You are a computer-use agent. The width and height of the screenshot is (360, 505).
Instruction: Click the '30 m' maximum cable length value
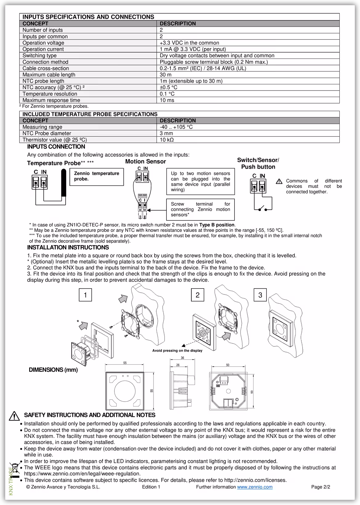pyautogui.click(x=166, y=75)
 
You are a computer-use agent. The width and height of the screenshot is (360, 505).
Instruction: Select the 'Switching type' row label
pyautogui.click(x=39, y=55)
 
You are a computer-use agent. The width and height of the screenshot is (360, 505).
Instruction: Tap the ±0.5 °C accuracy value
pyautogui.click(x=168, y=87)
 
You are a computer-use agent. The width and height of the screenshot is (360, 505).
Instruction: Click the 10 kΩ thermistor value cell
pyautogui.click(x=167, y=140)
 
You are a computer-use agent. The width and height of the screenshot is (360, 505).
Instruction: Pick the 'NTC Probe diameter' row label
pyautogui.click(x=46, y=133)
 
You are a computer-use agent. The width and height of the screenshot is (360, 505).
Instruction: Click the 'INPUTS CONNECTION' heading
pyautogui.click(x=56, y=147)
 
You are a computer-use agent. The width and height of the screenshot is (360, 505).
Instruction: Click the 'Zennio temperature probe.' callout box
pyautogui.click(x=97, y=176)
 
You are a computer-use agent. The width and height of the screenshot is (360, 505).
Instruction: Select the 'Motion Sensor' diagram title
pyautogui.click(x=145, y=162)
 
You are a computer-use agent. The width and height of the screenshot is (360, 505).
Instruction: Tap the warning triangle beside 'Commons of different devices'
pyautogui.click(x=279, y=181)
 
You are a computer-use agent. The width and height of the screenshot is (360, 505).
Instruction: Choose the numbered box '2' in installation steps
pyautogui.click(x=198, y=295)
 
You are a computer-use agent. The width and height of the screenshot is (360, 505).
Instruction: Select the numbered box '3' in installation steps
pyautogui.click(x=260, y=295)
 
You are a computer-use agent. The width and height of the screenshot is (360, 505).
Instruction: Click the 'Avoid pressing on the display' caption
pyautogui.click(x=177, y=350)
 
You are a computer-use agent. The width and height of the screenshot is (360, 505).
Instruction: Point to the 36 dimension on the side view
pyautogui.click(x=182, y=358)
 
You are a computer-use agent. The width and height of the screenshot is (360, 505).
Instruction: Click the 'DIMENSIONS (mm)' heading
pyautogui.click(x=53, y=370)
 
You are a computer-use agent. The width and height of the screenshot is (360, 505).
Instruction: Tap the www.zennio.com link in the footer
pyautogui.click(x=254, y=487)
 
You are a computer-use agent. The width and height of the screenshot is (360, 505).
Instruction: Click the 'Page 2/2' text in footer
pyautogui.click(x=321, y=487)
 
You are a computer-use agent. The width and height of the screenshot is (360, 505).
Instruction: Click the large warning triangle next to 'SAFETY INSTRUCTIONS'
pyautogui.click(x=14, y=416)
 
